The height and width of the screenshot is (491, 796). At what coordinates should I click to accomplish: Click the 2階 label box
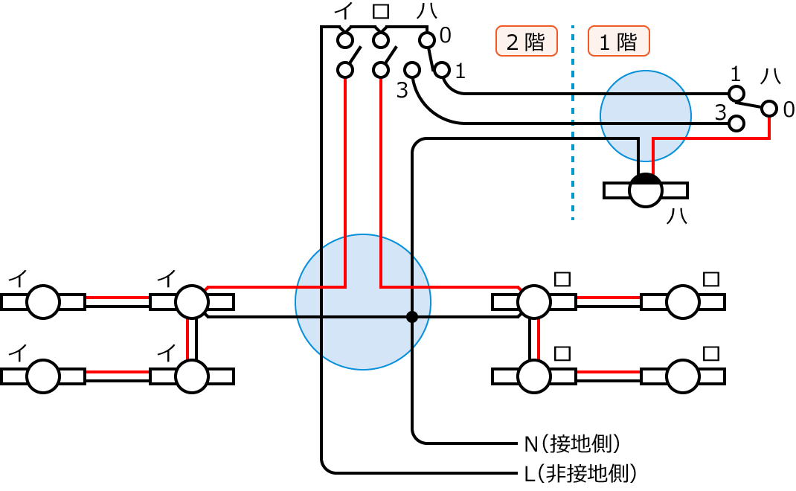tap(526, 42)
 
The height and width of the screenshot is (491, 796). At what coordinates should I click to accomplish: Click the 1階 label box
tap(618, 42)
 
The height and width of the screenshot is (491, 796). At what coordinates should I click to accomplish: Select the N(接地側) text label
tap(572, 444)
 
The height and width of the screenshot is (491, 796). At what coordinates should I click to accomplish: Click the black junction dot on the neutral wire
tap(411, 317)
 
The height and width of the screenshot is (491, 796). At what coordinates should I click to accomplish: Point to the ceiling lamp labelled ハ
tap(645, 190)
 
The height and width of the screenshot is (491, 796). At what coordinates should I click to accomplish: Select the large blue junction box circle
tap(363, 302)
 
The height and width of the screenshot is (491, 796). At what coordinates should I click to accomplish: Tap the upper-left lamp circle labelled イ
tap(43, 302)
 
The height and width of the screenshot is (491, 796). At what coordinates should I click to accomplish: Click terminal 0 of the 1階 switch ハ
tap(768, 110)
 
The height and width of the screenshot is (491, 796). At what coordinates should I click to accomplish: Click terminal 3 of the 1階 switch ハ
tap(736, 123)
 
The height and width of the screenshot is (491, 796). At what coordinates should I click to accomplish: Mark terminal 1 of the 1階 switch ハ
tap(736, 94)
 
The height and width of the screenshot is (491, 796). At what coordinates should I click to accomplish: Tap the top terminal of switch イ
tap(344, 39)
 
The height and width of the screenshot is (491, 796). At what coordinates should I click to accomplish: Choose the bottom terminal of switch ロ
tap(381, 70)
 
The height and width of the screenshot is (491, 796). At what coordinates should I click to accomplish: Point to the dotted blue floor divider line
tap(573, 123)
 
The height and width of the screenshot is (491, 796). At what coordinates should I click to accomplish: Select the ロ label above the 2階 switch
tap(381, 12)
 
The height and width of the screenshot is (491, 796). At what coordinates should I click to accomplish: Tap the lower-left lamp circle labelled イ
tap(43, 376)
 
